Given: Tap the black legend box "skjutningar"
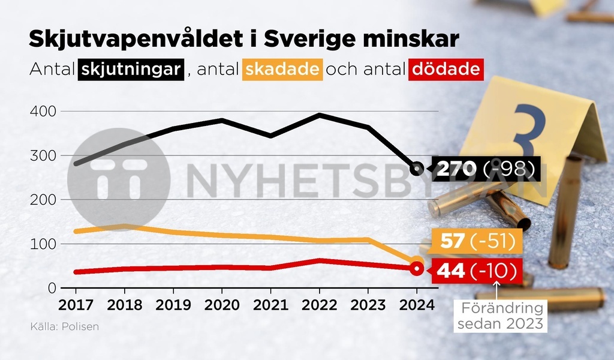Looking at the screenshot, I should click(x=130, y=70).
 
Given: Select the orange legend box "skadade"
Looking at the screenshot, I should click(x=282, y=70).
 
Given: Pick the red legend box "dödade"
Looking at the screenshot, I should click(x=446, y=70).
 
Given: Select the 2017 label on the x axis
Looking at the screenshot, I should click(x=76, y=305).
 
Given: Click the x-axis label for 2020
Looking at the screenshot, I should click(x=222, y=305).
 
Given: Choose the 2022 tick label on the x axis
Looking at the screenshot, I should click(x=320, y=305).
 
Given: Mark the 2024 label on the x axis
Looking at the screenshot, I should click(x=416, y=305).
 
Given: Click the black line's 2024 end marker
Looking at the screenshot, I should click(x=417, y=169).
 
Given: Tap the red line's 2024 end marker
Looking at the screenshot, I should click(x=417, y=269).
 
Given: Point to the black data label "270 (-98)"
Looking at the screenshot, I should click(x=485, y=169).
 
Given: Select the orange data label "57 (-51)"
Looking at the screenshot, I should click(x=478, y=242).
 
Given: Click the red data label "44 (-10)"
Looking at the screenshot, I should click(x=477, y=271).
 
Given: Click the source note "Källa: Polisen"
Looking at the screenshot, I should click(x=64, y=327).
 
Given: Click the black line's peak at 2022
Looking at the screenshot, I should click(x=320, y=115).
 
